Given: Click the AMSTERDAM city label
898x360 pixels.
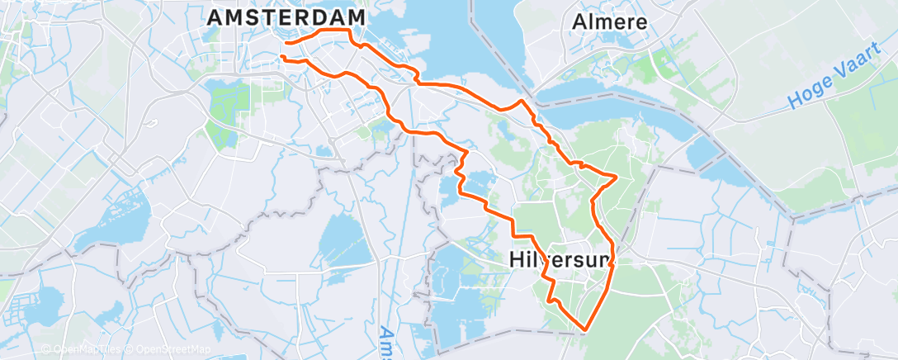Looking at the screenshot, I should coord(287,17).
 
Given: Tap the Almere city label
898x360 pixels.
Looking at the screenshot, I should coord(610,21).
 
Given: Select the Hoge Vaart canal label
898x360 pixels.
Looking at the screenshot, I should coord(834,84).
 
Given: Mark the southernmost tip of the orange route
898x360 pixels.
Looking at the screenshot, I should coord(584,330).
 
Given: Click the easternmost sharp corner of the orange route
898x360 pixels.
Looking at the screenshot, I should coord(617,176).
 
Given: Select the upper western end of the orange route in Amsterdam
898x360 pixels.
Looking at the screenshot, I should coord(285,42).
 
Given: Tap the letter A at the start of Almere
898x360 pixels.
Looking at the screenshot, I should coord(579,21).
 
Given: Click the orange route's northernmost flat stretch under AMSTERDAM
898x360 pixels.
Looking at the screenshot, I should coord(334,30).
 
